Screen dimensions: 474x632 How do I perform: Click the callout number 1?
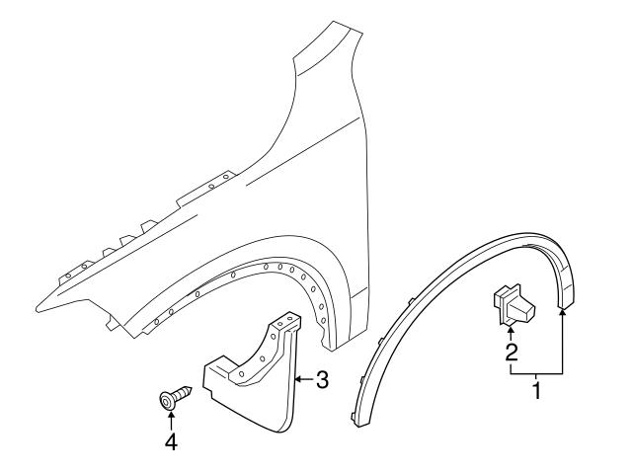click(537, 391)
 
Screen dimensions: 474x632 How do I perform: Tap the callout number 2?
click(510, 352)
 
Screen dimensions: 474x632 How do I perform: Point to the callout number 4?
click(172, 443)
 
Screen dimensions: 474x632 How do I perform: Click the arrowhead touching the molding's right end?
click(564, 310)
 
